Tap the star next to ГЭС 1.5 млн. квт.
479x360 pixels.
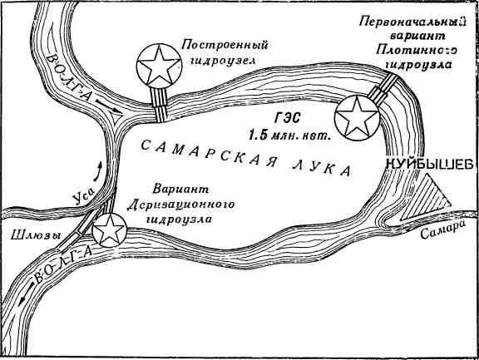tap(357, 118)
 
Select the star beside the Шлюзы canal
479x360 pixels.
tap(110, 230)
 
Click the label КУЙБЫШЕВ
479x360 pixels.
tap(429, 165)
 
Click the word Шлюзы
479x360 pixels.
tap(36, 235)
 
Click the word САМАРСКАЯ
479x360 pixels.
tap(207, 154)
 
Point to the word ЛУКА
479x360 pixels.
tap(322, 168)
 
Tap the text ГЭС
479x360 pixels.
tap(287, 118)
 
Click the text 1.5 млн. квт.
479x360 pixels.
tap(290, 135)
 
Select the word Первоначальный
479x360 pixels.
tap(412, 22)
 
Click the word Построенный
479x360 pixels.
tap(225, 46)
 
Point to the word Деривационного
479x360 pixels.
tap(180, 205)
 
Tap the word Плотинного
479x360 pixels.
tap(417, 51)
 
